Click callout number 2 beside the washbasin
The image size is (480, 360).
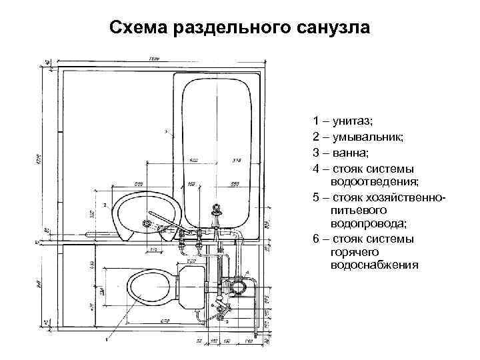[x=105, y=203]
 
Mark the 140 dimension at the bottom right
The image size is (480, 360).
[x=249, y=341]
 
